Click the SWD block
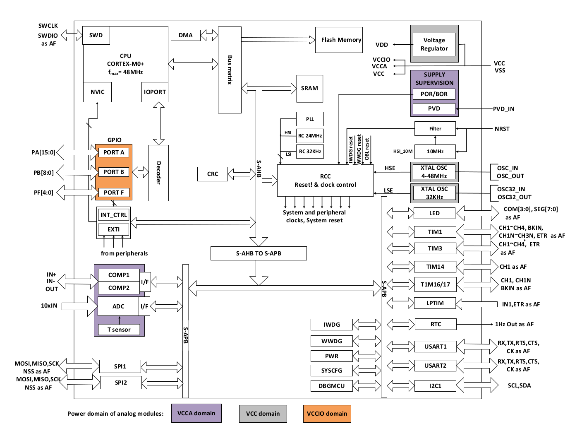pos(96,35)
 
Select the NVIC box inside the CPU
pos(97,92)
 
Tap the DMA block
pos(185,35)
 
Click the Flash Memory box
pos(339,40)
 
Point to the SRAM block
pos(310,89)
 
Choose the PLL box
pos(310,119)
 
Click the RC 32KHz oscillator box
pos(310,151)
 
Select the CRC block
pos(213,174)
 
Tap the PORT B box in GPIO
pos(114,172)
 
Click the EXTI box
pos(114,229)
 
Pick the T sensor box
pos(119,329)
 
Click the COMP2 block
pos(119,288)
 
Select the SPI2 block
pos(121,383)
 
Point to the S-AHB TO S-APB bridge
pos(259,253)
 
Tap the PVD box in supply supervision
pos(434,108)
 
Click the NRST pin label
pos(502,129)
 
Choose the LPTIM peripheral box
pos(435,303)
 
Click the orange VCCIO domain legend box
pos(327,414)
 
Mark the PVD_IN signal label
pos(503,109)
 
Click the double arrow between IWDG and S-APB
pos(367,324)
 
